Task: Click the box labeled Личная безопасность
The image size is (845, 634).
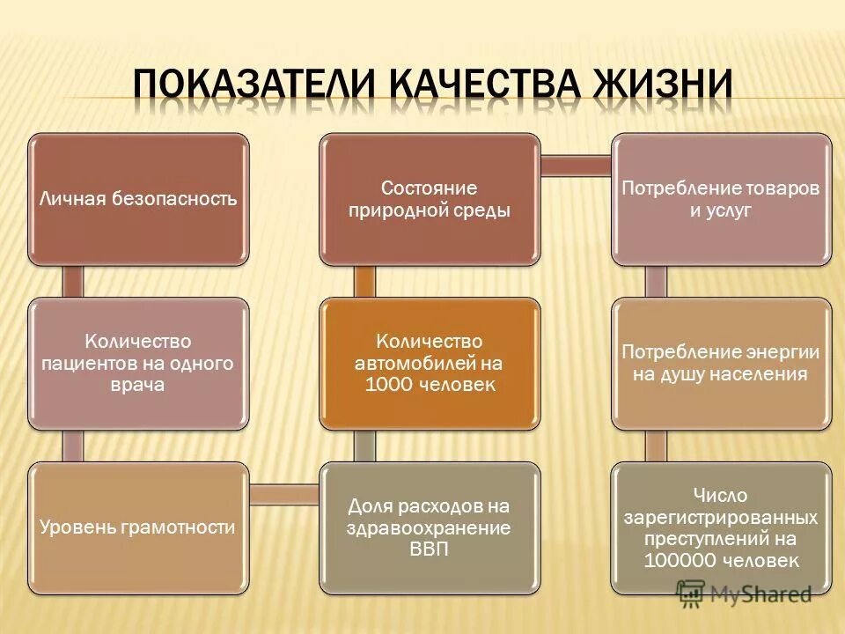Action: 138,199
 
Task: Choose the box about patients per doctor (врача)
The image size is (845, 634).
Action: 138,363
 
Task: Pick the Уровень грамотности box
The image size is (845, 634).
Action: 138,527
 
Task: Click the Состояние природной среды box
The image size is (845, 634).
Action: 430,199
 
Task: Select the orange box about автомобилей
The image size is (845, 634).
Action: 430,363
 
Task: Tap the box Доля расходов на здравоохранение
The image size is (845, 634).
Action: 430,527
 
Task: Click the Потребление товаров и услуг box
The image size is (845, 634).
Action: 721,199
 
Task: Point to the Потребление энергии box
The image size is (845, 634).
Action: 721,363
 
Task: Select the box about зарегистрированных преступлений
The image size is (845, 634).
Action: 721,527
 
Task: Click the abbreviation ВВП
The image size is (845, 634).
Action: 430,550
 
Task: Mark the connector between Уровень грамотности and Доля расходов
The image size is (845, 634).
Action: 283,494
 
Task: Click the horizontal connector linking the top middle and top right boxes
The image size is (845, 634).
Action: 576,166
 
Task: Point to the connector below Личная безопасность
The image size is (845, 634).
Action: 74,281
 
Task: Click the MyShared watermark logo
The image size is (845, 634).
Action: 744,593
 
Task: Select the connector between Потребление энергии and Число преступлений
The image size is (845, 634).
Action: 657,446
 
